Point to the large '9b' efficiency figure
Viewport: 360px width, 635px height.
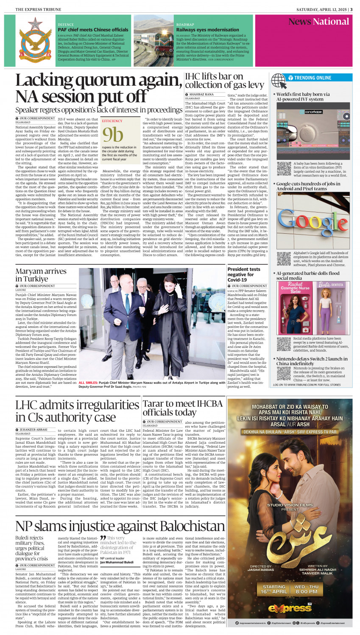click(x=112, y=134)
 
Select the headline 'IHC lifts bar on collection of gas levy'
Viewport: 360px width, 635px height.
click(x=225, y=81)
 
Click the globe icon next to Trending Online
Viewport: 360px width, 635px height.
click(x=279, y=80)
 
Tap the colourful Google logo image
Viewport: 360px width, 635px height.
click(x=313, y=221)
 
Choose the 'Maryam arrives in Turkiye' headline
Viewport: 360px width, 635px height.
click(x=41, y=275)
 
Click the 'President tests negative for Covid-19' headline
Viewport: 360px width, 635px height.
click(x=244, y=274)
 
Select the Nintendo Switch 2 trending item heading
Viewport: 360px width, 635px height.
click(x=312, y=361)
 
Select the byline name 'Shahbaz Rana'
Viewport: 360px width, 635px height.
click(x=201, y=94)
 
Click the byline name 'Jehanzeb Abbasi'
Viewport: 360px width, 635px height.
click(x=33, y=430)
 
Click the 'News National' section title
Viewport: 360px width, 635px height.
click(x=318, y=22)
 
